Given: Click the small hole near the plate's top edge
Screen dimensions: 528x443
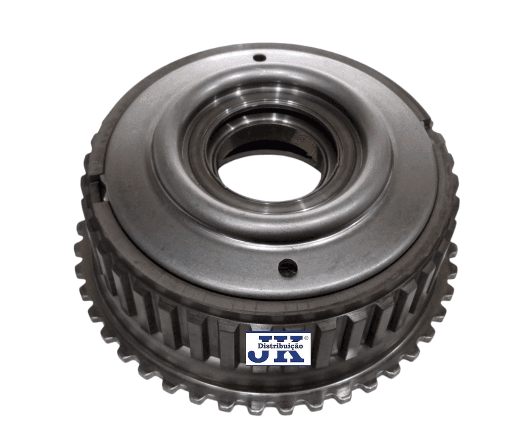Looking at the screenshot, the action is coord(260,58).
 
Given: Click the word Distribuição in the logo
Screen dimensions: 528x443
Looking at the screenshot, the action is coord(280,346).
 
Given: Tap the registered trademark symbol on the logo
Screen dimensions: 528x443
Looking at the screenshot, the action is coord(306,338).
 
